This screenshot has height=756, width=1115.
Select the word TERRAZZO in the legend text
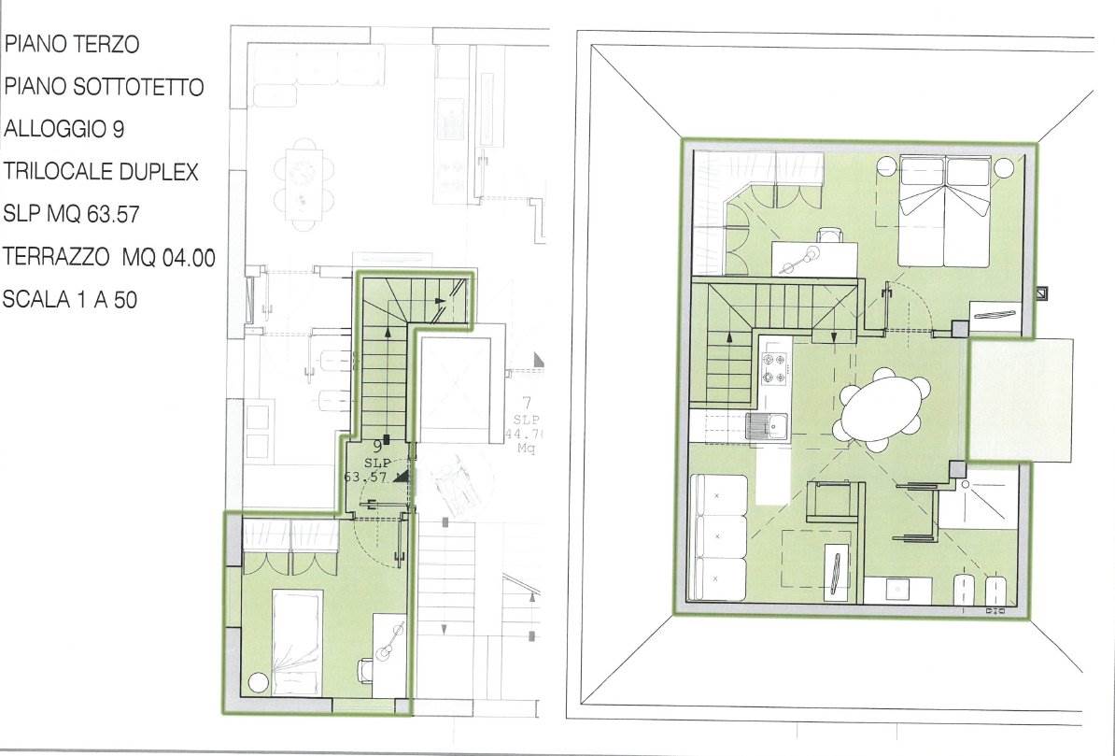click(x=56, y=256)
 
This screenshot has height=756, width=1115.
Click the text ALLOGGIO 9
click(x=64, y=129)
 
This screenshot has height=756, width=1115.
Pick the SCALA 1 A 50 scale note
click(x=69, y=299)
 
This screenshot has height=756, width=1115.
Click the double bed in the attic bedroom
click(x=944, y=211)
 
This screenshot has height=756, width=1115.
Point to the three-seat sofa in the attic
click(x=718, y=536)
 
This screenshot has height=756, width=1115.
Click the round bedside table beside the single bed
click(x=258, y=683)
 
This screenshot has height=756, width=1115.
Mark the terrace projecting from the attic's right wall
click(x=1020, y=399)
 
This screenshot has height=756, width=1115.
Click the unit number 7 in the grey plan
click(x=527, y=404)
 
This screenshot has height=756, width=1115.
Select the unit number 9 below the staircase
click(x=377, y=447)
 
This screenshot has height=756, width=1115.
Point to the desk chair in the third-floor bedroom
click(x=365, y=668)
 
